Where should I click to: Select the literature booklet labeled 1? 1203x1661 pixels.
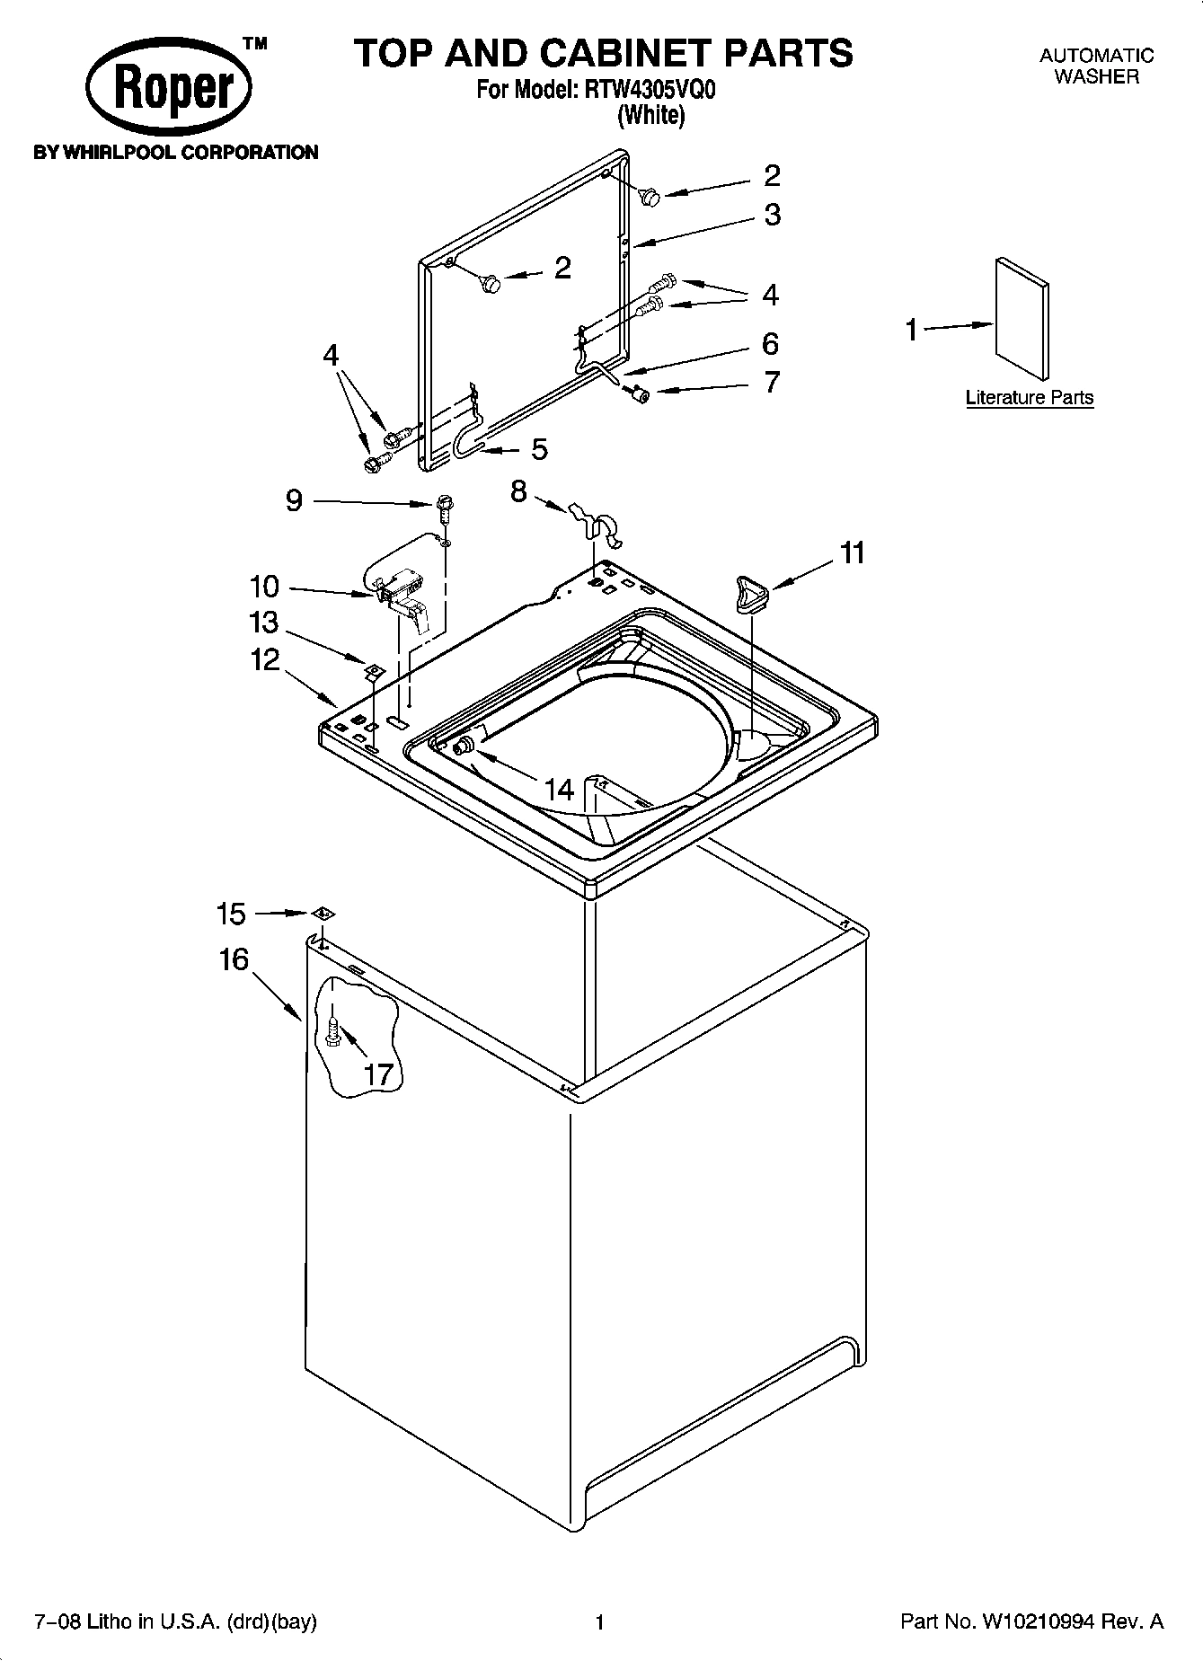point(1022,319)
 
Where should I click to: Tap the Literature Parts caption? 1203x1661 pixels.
point(1030,397)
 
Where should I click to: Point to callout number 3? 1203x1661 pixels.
point(772,216)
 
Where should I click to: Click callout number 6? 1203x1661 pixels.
point(770,344)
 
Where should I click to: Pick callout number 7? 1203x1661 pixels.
point(771,383)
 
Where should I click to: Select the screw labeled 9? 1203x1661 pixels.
point(443,508)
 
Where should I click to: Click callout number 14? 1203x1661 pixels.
point(559,790)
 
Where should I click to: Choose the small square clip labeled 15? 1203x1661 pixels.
point(324,914)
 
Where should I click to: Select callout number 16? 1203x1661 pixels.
point(234,959)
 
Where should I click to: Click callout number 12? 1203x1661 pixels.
point(265,660)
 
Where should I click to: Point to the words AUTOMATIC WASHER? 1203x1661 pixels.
point(1096,66)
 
